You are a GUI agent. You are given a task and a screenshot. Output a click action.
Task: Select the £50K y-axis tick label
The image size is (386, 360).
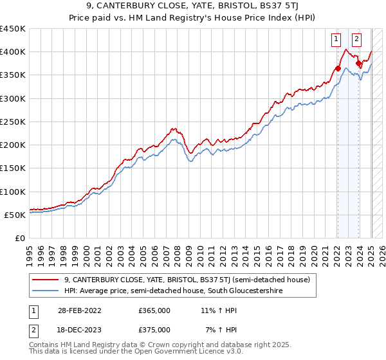pyautogui.click(x=15, y=215)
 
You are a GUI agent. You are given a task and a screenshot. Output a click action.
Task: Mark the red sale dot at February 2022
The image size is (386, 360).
pyautogui.click(x=338, y=68)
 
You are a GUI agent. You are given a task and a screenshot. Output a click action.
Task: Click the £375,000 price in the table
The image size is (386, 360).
pyautogui.click(x=154, y=330)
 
